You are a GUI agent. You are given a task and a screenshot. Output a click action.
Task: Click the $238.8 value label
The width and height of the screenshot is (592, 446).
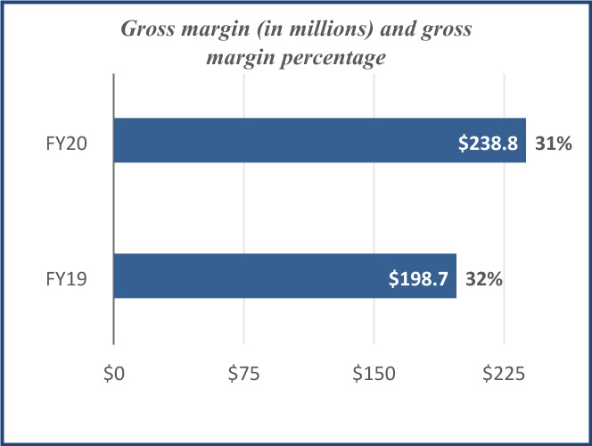[x=489, y=142]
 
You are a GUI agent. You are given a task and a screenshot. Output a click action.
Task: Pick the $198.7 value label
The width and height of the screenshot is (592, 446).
[x=420, y=278]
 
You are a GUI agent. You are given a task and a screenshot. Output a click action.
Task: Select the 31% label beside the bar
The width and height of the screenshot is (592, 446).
[x=553, y=142]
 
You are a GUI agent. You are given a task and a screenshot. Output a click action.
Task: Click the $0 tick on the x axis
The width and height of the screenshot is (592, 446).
[x=113, y=376]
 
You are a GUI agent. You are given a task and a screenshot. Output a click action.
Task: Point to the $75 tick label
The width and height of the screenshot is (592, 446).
[x=243, y=376]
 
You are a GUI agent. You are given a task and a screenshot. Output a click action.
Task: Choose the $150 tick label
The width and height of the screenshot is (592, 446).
[x=374, y=376]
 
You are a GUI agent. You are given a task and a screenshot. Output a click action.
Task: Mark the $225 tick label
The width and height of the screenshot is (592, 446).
[x=504, y=376]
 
